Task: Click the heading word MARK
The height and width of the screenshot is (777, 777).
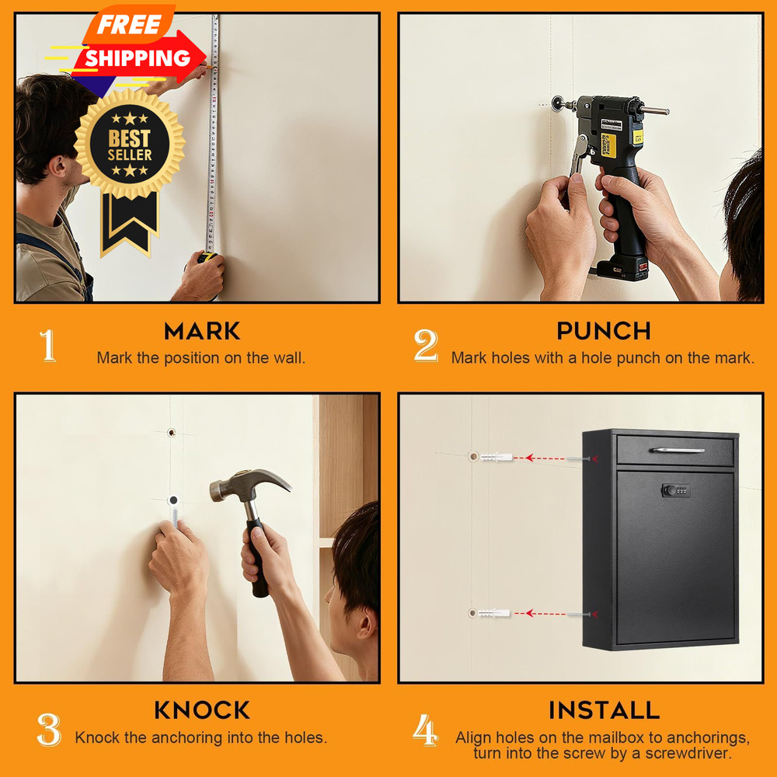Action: [202, 331]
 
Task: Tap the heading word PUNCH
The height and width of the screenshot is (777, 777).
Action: [604, 331]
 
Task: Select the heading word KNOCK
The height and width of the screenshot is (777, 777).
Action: [202, 710]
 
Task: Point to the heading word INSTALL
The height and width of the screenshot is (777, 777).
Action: [604, 710]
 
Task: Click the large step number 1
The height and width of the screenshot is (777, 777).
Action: [47, 346]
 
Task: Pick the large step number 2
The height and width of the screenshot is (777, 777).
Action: [426, 346]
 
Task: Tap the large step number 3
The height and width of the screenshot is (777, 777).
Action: [49, 730]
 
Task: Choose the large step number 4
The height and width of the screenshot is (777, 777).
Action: [426, 730]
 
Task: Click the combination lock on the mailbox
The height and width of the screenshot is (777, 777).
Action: [676, 490]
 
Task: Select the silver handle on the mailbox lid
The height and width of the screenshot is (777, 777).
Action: [677, 451]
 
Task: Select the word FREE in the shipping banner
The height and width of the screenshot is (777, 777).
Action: [129, 24]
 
